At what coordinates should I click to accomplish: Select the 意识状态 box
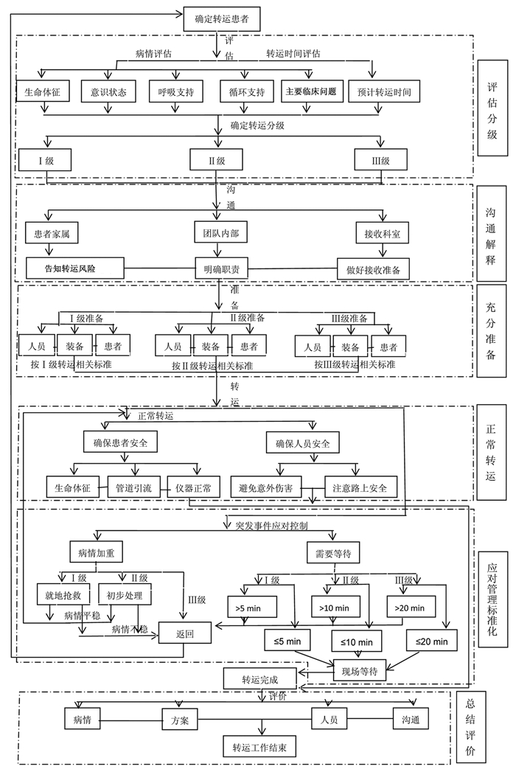click(109, 93)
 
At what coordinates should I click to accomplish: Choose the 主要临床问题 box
click(311, 93)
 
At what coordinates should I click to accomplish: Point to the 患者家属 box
click(52, 232)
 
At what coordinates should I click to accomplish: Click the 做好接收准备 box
click(372, 268)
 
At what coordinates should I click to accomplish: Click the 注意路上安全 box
click(361, 487)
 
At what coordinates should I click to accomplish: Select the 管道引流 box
click(133, 487)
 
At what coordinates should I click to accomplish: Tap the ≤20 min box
click(431, 641)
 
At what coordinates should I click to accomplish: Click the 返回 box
click(184, 633)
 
